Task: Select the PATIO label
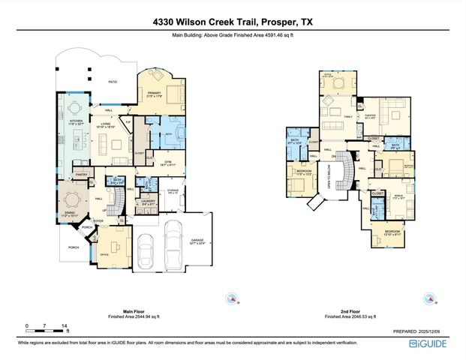click(x=112, y=82)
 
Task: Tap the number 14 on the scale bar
click(x=66, y=325)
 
